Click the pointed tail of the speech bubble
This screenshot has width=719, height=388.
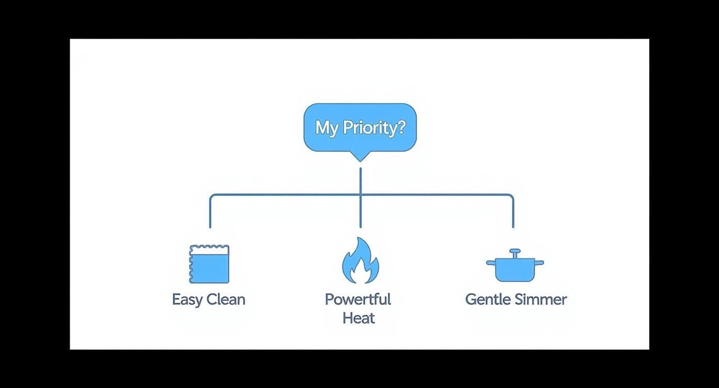tap(360, 157)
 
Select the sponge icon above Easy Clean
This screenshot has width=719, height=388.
tap(209, 264)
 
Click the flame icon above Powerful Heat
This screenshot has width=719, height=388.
tap(360, 261)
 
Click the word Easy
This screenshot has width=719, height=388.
tap(187, 300)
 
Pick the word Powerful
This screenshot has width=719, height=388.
tap(358, 299)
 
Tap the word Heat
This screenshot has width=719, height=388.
tap(358, 318)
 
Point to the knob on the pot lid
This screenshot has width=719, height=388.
tap(515, 252)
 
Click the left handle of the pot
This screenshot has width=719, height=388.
tap(490, 263)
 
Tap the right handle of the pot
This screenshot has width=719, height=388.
tap(540, 263)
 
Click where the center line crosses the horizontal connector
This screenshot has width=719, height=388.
tap(361, 195)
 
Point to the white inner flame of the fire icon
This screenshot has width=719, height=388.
tap(361, 273)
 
